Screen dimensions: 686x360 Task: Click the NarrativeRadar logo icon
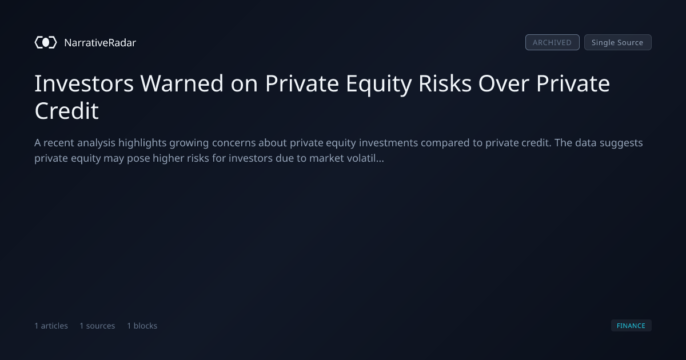[46, 42]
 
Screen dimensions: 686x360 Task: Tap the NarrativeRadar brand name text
[100, 43]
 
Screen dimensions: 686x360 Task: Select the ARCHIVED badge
[552, 42]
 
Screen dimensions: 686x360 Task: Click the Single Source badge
[618, 42]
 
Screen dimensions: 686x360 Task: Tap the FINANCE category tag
[631, 325]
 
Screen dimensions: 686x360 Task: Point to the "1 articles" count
[51, 326]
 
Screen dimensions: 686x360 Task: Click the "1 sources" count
[97, 326]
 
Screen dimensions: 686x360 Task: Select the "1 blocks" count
[142, 326]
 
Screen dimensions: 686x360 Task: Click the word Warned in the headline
[182, 83]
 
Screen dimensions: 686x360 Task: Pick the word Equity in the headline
[378, 84]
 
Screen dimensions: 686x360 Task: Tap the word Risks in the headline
[445, 83]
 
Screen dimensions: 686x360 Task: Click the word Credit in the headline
[66, 111]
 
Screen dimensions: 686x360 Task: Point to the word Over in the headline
[504, 83]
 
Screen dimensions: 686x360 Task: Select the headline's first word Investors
[84, 83]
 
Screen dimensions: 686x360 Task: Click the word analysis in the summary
[96, 143]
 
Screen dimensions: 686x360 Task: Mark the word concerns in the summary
[234, 143]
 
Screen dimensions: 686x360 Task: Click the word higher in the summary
[167, 159]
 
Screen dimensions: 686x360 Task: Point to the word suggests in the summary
[621, 143]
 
